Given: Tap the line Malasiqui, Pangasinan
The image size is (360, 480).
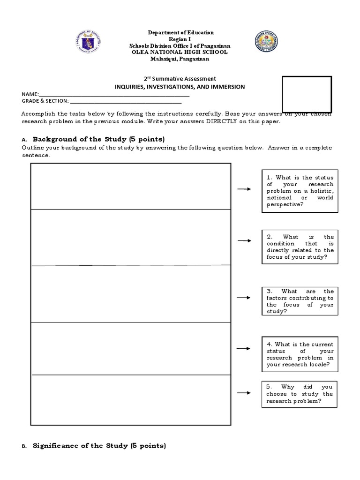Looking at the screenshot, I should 180,59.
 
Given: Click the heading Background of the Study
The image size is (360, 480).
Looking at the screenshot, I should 98,139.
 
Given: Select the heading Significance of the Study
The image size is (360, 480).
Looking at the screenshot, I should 99,446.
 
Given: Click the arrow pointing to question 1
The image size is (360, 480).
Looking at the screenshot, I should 244,189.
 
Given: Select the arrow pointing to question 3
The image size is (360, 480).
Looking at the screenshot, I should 244,298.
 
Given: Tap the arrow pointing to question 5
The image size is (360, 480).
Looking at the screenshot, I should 244,393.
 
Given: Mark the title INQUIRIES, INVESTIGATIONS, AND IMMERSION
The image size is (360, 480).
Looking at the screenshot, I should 180,87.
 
